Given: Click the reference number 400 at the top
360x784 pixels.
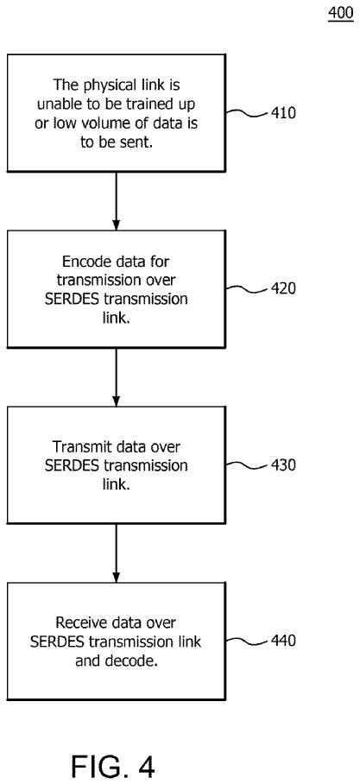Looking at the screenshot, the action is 340,13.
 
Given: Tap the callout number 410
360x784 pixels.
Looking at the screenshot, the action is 283,113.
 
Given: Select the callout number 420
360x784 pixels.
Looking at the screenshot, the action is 283,289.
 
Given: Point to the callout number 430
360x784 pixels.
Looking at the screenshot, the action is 283,465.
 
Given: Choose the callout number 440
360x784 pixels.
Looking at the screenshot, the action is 283,641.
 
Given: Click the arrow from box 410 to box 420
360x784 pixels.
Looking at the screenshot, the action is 116,201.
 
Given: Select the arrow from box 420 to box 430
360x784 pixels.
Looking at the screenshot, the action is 116,377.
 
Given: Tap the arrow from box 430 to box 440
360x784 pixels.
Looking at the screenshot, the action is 116,553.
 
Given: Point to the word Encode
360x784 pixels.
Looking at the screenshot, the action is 83,261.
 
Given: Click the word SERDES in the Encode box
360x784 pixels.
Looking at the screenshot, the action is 71,300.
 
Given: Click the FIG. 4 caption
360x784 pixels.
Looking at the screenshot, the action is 112,750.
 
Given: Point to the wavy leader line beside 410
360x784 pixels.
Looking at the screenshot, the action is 247,113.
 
